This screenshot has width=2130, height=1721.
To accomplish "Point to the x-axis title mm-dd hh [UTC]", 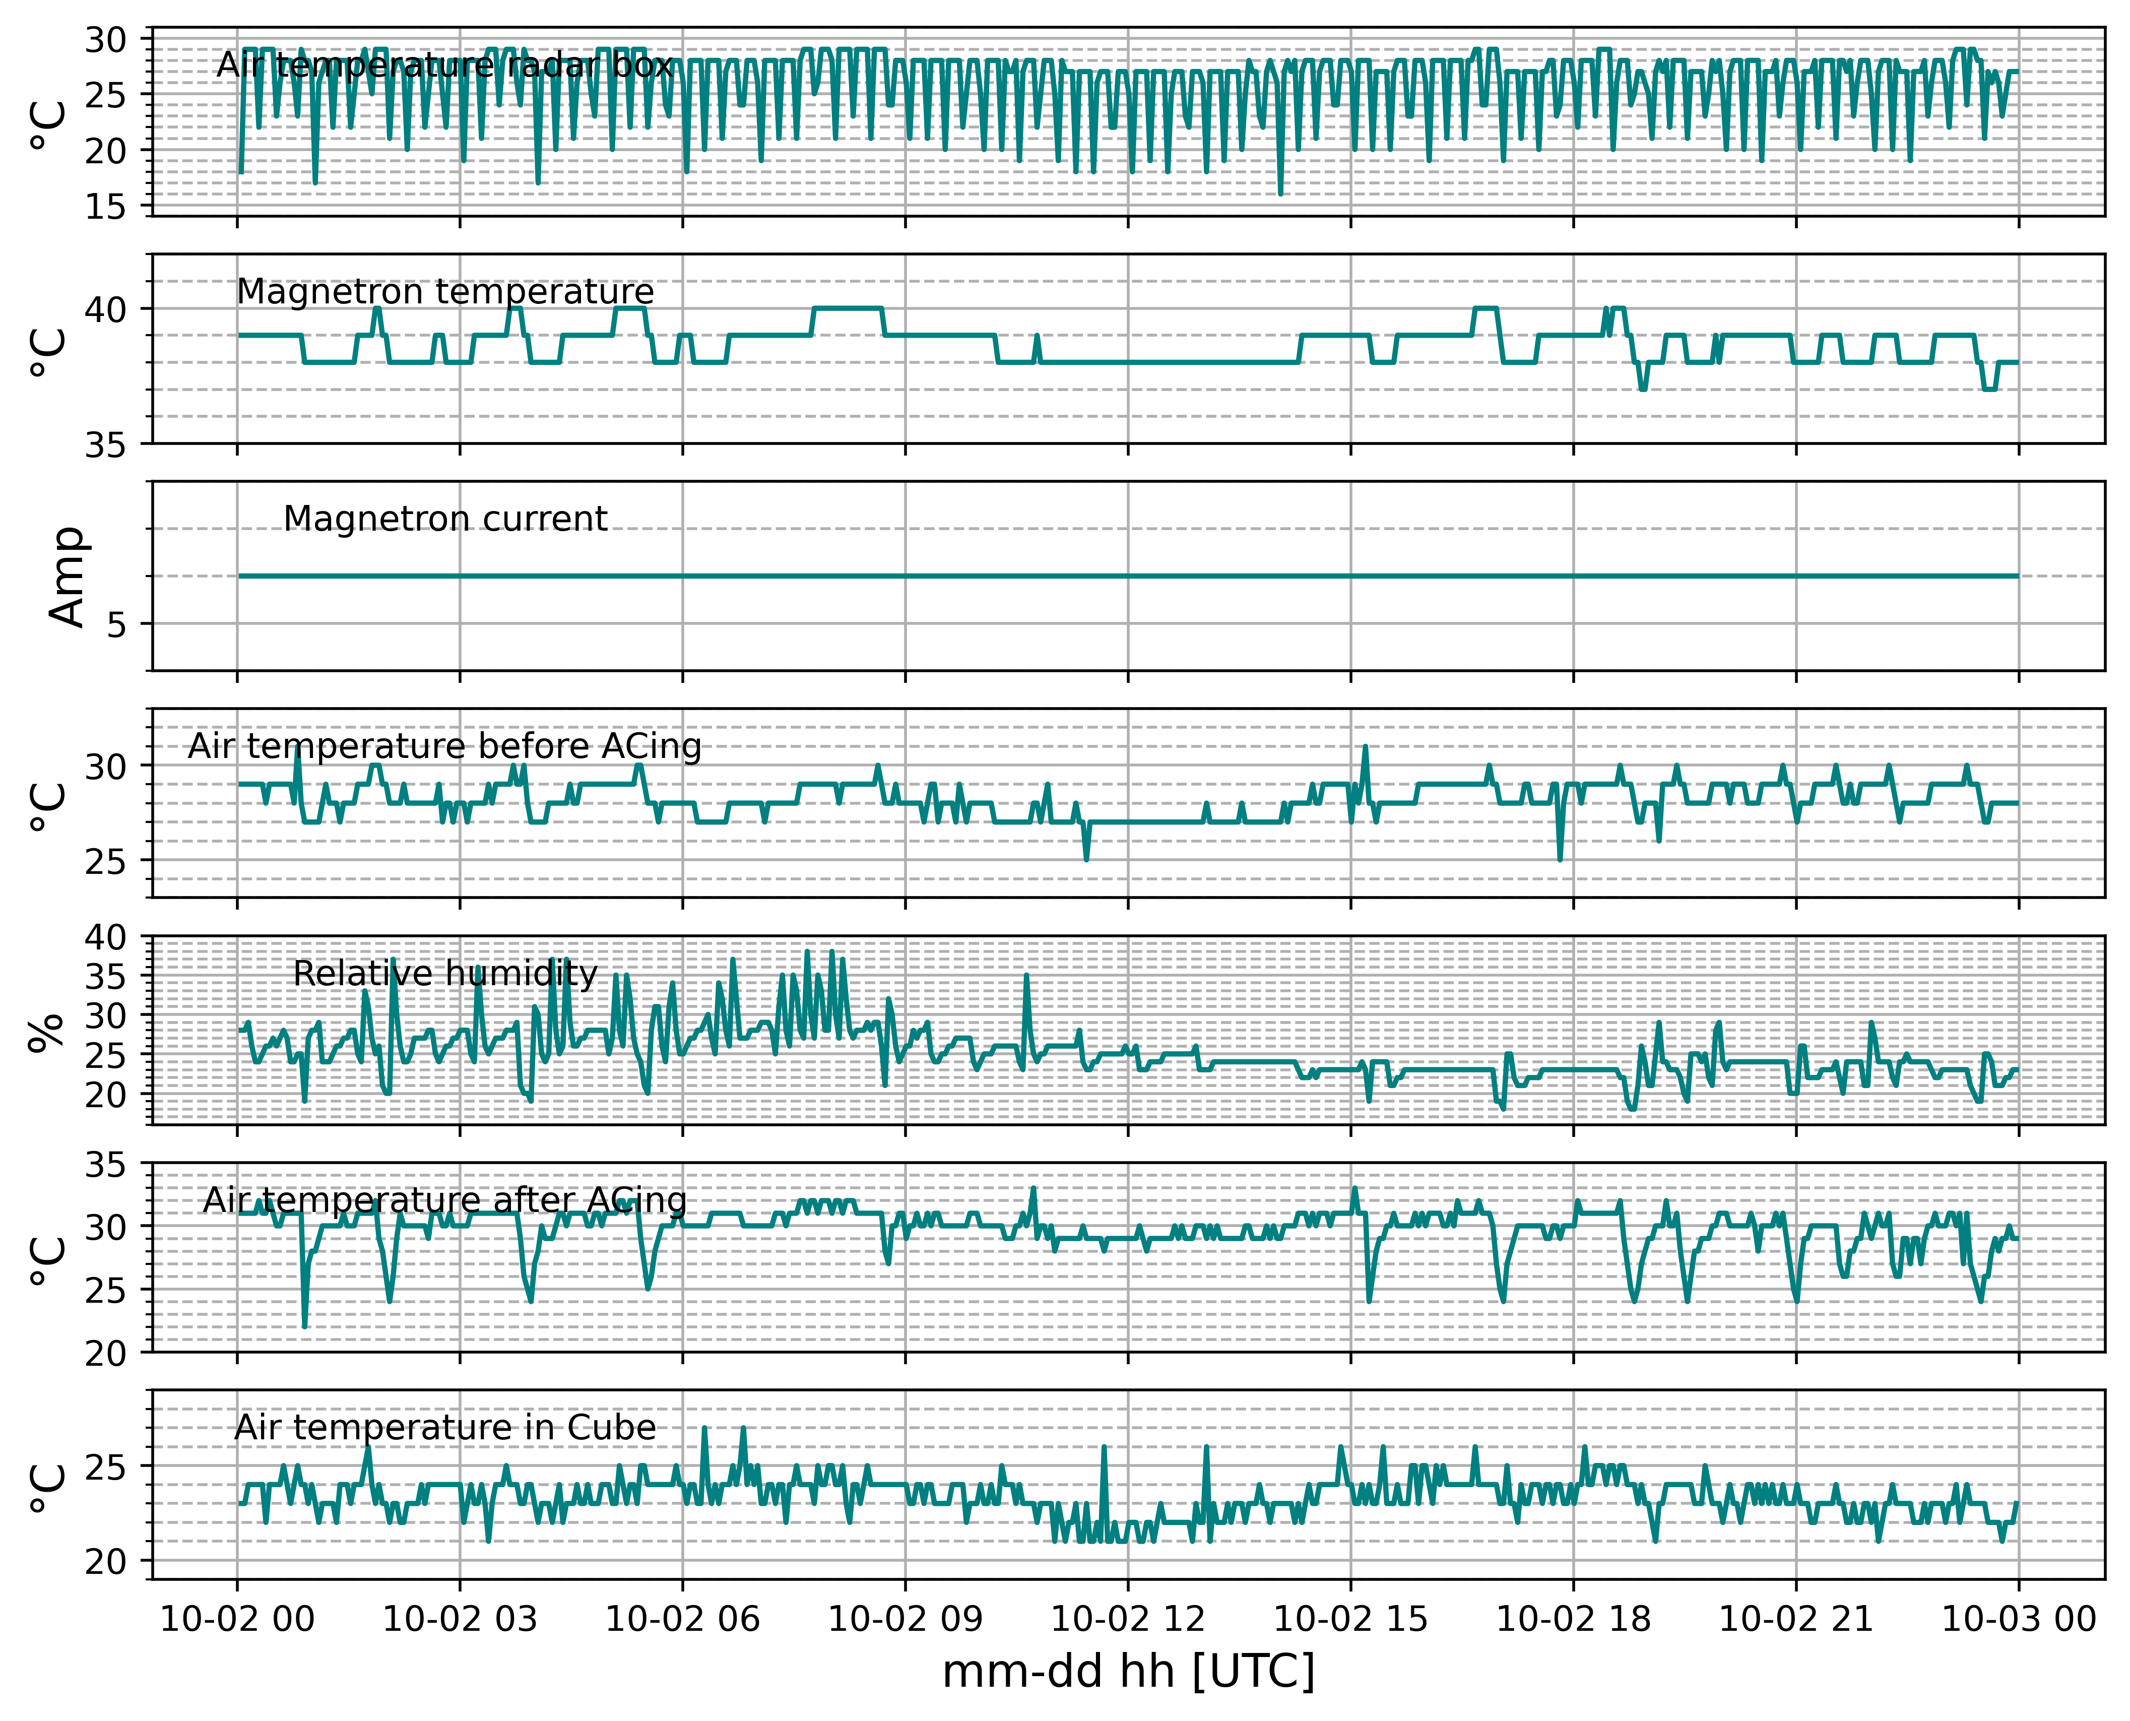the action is point(1128,1672).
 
